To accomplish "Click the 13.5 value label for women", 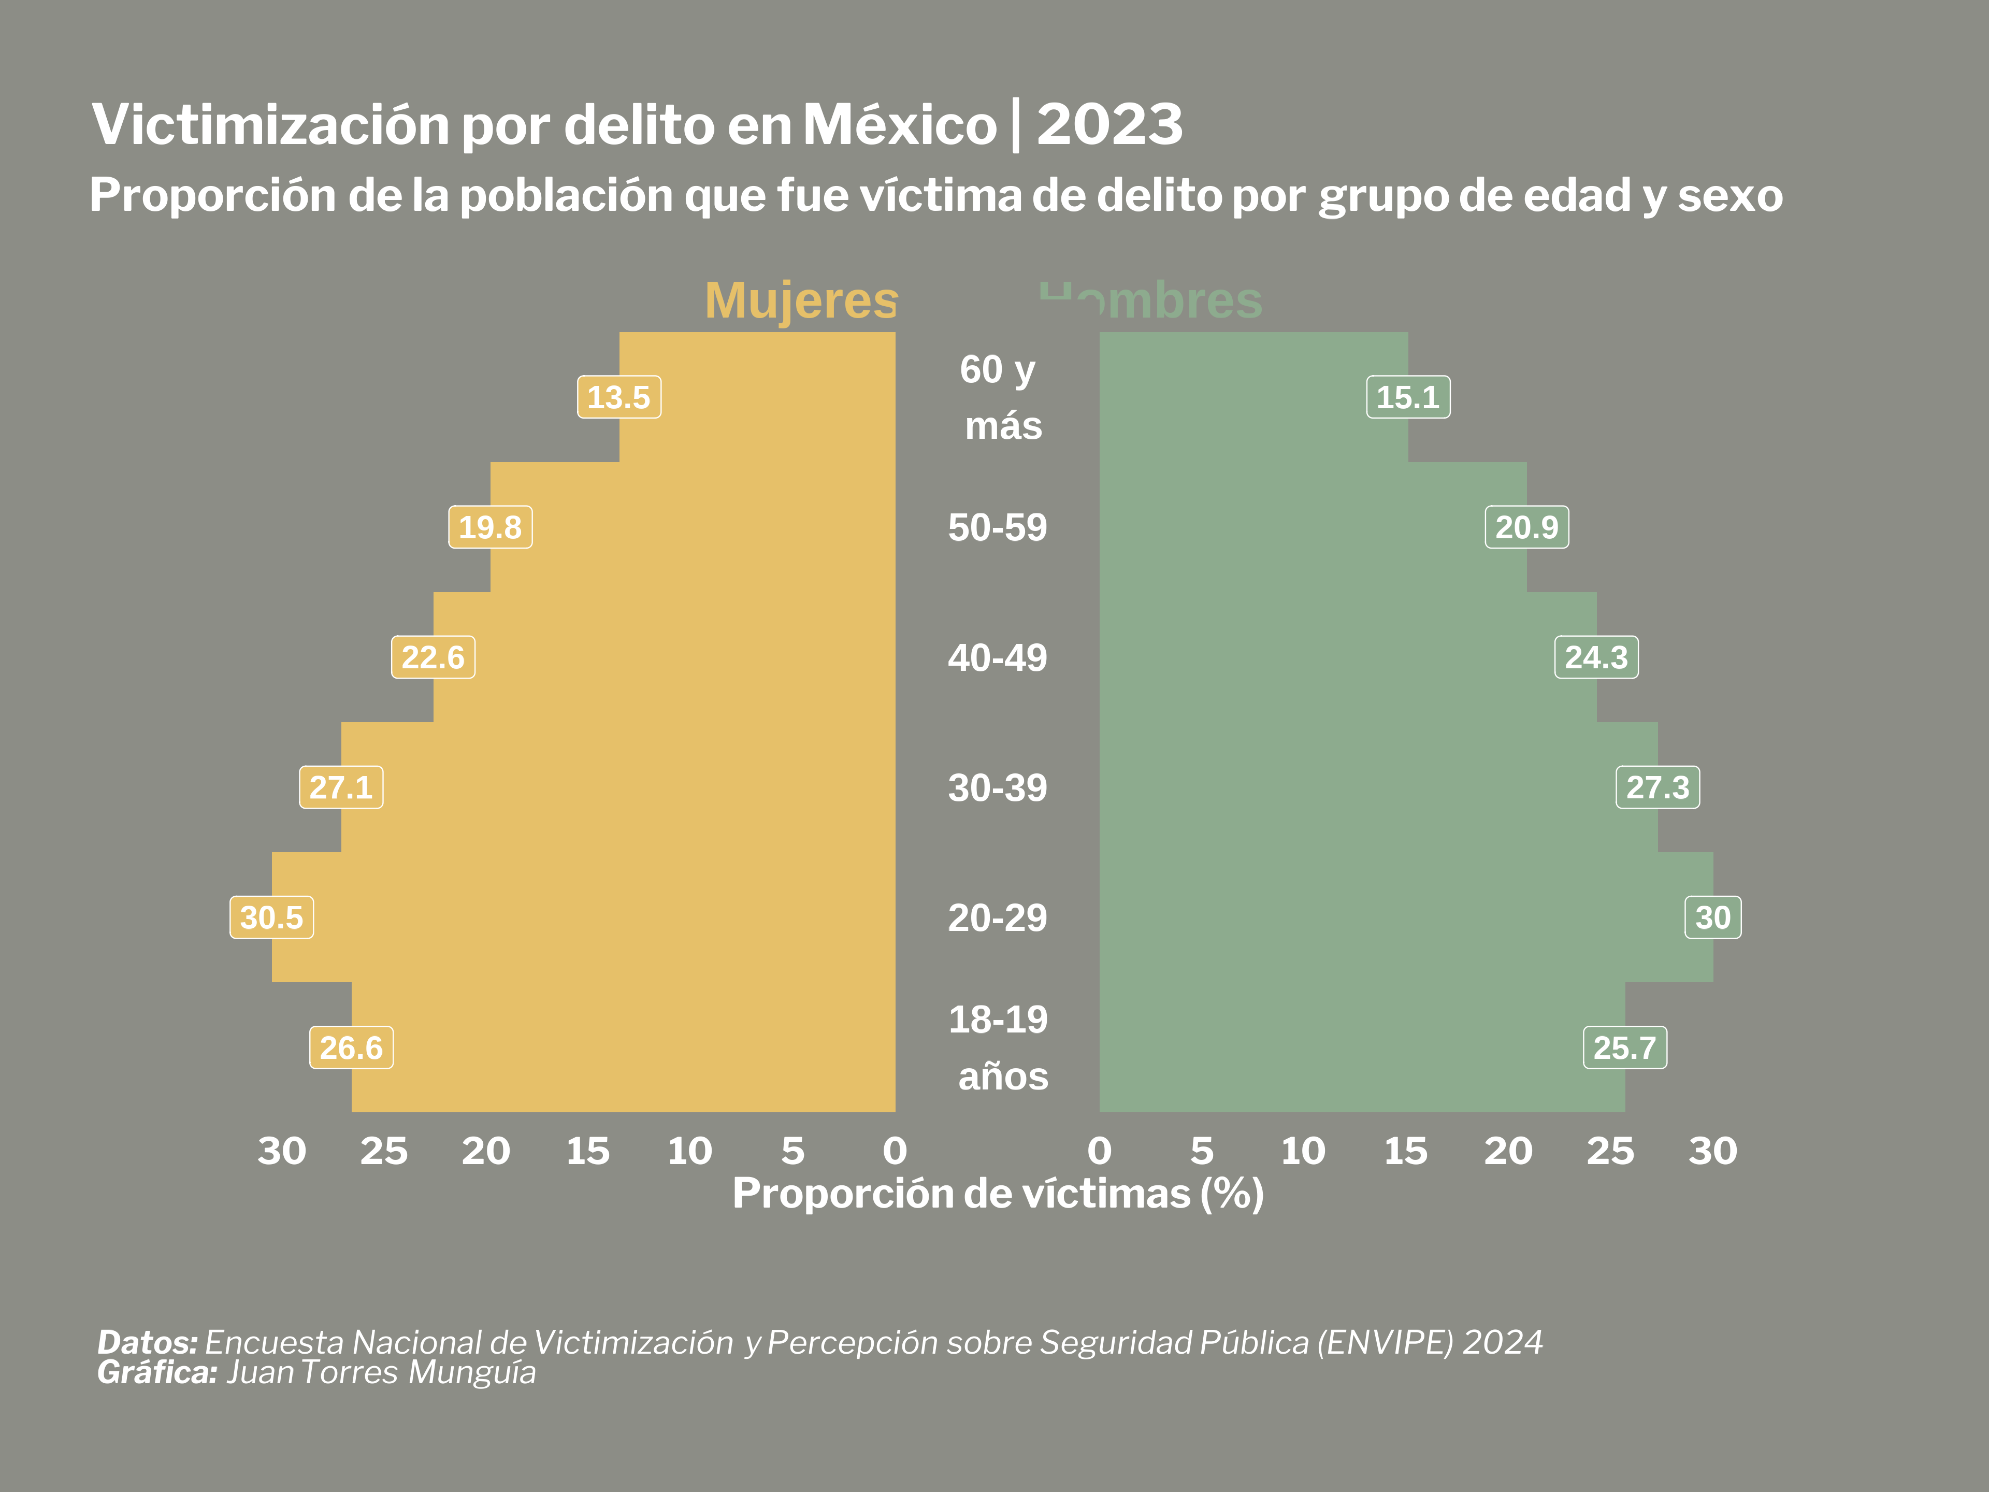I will point(618,397).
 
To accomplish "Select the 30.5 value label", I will point(271,917).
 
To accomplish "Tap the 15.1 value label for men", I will point(1407,397).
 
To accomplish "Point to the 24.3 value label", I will point(1596,657).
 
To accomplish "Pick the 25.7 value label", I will point(1624,1048).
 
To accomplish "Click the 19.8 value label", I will point(490,527).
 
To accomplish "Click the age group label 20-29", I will point(997,918).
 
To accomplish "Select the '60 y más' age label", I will point(1000,397).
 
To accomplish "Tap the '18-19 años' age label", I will point(1000,1048).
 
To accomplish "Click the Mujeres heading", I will point(801,300).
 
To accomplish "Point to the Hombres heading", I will point(1151,300).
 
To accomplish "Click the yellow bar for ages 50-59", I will point(693,527).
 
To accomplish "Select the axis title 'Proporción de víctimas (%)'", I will point(998,1194).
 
